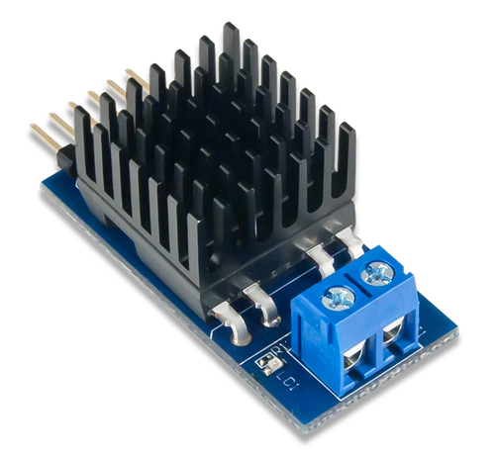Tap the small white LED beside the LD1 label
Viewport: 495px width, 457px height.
point(264,364)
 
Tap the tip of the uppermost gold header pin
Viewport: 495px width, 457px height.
point(129,70)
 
